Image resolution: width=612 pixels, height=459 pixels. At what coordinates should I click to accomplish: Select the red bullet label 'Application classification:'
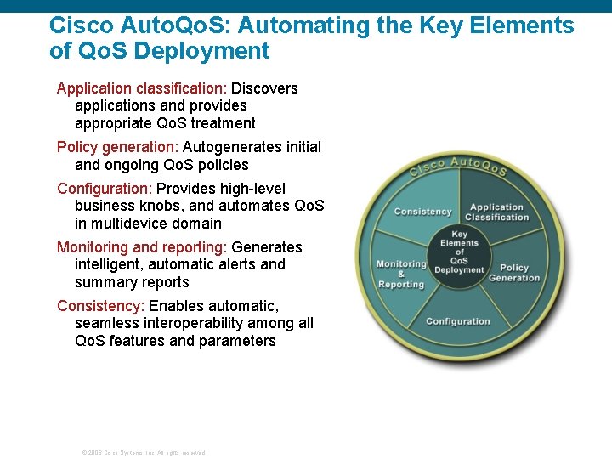click(142, 88)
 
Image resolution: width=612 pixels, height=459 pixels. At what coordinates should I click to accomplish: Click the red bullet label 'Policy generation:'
click(118, 147)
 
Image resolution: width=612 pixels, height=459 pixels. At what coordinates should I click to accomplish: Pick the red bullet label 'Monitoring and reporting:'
click(142, 247)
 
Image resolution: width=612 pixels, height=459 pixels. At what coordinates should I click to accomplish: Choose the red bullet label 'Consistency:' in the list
click(101, 306)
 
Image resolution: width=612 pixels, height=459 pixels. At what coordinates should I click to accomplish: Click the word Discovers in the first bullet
click(265, 88)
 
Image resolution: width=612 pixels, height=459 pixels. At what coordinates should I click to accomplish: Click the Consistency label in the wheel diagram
click(422, 211)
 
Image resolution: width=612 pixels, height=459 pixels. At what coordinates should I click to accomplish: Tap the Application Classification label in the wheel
click(496, 212)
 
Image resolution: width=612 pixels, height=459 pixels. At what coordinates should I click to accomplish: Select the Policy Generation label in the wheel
click(514, 273)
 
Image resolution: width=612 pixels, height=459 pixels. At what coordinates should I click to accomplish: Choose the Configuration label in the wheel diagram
click(458, 321)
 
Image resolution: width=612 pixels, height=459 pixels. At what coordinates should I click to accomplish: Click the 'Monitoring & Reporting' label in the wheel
click(400, 274)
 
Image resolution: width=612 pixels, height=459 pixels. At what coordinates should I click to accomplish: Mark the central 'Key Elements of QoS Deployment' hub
click(459, 252)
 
